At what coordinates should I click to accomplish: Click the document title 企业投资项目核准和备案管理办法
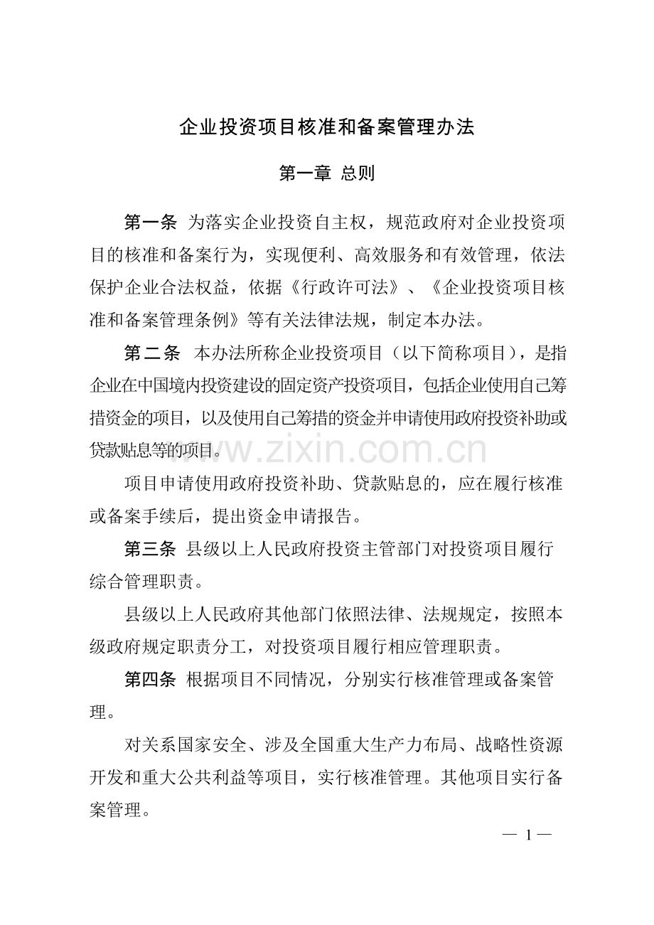(x=327, y=128)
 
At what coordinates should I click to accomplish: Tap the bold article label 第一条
(x=150, y=223)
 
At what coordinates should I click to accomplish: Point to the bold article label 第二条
(x=151, y=353)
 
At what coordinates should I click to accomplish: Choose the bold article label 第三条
(x=150, y=549)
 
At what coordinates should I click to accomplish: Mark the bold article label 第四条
(x=150, y=680)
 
